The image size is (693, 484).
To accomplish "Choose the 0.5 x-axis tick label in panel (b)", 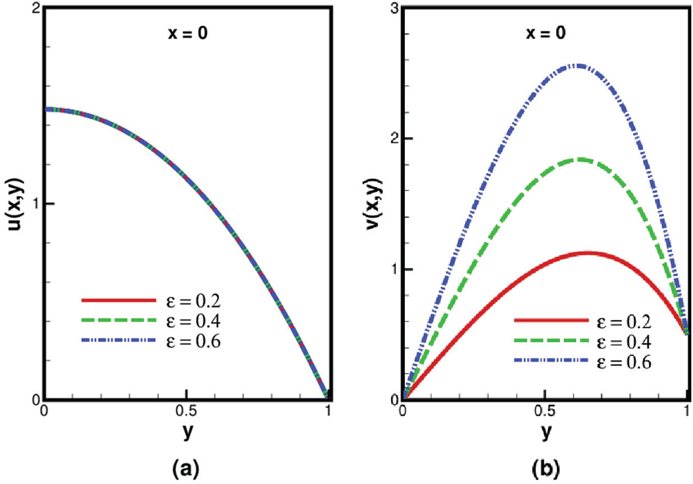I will click(544, 413).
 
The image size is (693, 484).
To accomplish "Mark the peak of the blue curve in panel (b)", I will click(578, 66).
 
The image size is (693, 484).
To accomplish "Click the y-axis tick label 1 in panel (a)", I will click(36, 204).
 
